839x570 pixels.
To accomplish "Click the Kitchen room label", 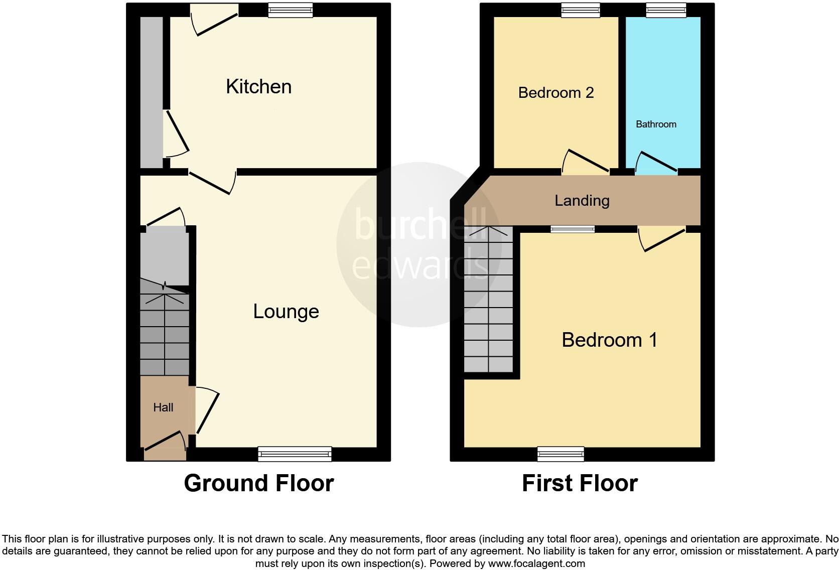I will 258,86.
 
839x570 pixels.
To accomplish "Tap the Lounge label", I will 286,312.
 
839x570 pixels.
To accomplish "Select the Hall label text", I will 163,407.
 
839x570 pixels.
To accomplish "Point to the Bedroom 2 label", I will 555,93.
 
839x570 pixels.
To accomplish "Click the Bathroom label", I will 656,124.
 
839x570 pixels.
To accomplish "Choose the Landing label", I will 582,201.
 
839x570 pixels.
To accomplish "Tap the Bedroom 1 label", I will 609,340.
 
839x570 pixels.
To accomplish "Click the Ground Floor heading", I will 258,483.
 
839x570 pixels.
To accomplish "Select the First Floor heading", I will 580,483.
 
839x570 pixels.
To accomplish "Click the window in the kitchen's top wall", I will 291,10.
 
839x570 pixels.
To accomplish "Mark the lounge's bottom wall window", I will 295,455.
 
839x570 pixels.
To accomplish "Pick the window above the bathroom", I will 666,10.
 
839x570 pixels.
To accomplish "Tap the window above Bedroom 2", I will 581,10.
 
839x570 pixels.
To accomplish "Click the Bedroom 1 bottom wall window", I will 561,455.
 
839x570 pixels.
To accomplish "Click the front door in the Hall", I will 165,442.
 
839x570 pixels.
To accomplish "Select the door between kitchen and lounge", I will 212,182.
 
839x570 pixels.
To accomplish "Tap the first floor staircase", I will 488,301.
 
